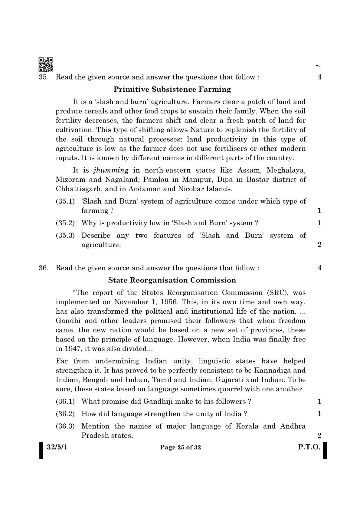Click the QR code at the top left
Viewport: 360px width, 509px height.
pos(46,64)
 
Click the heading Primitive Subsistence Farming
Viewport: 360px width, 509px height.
pos(172,89)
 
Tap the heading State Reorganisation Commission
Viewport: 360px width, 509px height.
pos(172,280)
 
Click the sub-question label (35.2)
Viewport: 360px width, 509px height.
pos(65,223)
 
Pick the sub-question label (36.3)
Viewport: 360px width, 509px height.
pos(65,426)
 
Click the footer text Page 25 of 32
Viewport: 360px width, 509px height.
pos(181,448)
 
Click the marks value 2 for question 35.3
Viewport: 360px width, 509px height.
pos(319,245)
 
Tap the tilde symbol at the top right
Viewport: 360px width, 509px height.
pos(318,66)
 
